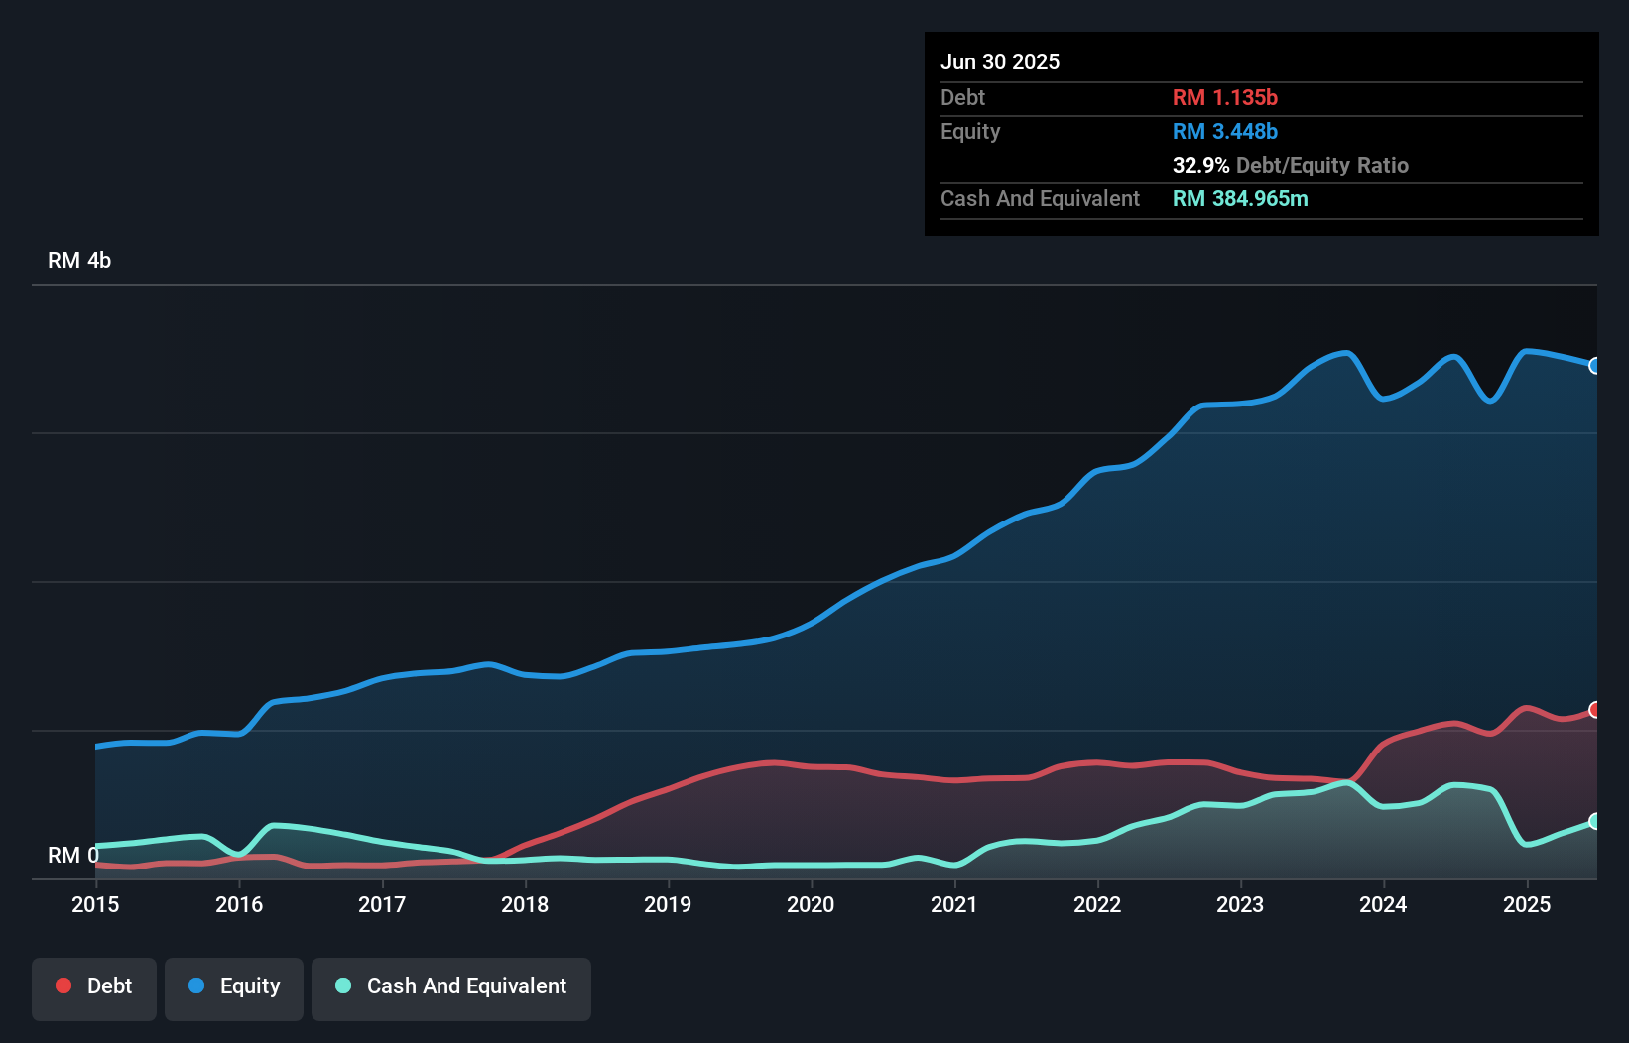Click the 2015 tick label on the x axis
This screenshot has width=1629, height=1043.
coord(95,904)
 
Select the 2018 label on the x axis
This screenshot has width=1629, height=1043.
coord(525,904)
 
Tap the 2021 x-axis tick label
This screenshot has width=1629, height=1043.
coord(953,904)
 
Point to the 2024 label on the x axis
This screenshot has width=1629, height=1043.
coord(1383,904)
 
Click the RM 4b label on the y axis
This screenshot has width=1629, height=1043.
coord(79,261)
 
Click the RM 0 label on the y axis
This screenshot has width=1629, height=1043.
coord(72,855)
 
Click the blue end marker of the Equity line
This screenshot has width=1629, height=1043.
coord(1595,366)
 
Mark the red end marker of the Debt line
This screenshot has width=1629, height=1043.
coord(1595,710)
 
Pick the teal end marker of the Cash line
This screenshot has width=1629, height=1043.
coord(1595,821)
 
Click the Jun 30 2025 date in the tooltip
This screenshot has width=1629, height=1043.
coord(1000,61)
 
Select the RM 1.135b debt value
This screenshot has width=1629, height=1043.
coord(1224,97)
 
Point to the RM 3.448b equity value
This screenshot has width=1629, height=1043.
coord(1224,131)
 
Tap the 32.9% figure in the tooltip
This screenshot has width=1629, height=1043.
coord(1200,165)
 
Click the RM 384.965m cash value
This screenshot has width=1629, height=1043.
coord(1240,198)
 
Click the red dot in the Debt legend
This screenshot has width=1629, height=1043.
coord(63,985)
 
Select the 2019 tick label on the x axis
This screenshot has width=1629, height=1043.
coord(668,904)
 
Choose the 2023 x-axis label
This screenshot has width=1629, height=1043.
coord(1240,904)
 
